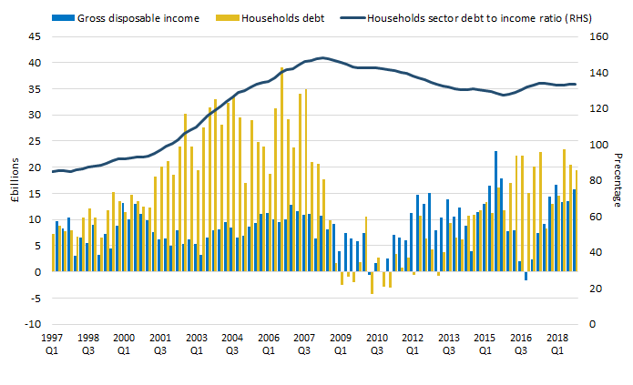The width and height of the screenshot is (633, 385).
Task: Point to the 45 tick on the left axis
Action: click(x=36, y=37)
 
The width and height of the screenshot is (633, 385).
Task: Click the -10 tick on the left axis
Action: click(x=34, y=324)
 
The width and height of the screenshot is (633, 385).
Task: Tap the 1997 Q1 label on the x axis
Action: click(x=53, y=342)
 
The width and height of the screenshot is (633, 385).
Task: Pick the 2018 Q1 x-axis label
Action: click(x=554, y=342)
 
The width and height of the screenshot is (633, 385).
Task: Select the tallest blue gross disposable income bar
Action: click(x=495, y=211)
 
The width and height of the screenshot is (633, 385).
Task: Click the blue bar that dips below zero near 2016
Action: click(x=526, y=276)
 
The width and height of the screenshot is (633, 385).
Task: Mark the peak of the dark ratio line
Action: click(x=323, y=58)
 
